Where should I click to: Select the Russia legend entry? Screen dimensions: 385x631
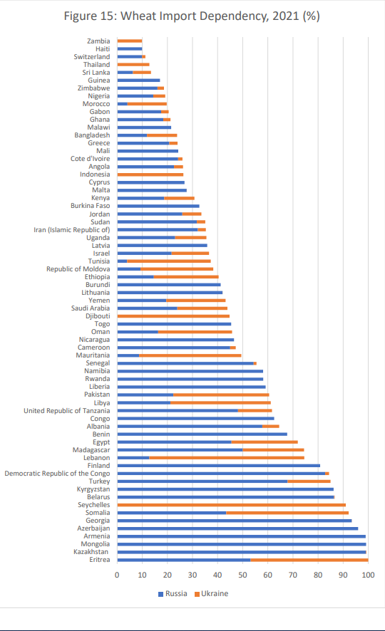tap(173, 593)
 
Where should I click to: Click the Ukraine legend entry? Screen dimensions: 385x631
tap(212, 593)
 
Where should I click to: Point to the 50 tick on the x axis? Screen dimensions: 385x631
tap(242, 575)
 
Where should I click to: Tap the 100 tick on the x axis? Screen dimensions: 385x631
tap(368, 575)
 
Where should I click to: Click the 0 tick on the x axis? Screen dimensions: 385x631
tap(117, 575)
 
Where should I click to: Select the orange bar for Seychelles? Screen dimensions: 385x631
tap(232, 505)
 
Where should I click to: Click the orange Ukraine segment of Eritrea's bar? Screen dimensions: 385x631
tap(309, 560)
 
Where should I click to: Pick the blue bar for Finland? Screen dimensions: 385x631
tap(219, 466)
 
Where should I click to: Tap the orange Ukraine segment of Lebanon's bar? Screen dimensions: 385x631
tap(227, 457)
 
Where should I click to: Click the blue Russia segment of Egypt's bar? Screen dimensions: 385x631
tap(175, 442)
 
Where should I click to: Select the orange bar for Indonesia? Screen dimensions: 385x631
tap(150, 174)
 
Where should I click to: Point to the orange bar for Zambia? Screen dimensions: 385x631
tap(130, 41)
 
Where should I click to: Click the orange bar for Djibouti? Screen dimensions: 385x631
tap(173, 316)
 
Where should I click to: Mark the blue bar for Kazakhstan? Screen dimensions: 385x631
tap(242, 552)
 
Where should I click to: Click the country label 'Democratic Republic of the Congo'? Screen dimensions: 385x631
tap(57, 473)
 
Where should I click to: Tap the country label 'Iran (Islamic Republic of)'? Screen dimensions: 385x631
tap(72, 230)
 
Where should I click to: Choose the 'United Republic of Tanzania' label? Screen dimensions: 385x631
tap(67, 410)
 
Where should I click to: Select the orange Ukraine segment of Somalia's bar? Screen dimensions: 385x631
tap(287, 513)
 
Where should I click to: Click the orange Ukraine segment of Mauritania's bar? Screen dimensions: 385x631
tap(190, 355)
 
